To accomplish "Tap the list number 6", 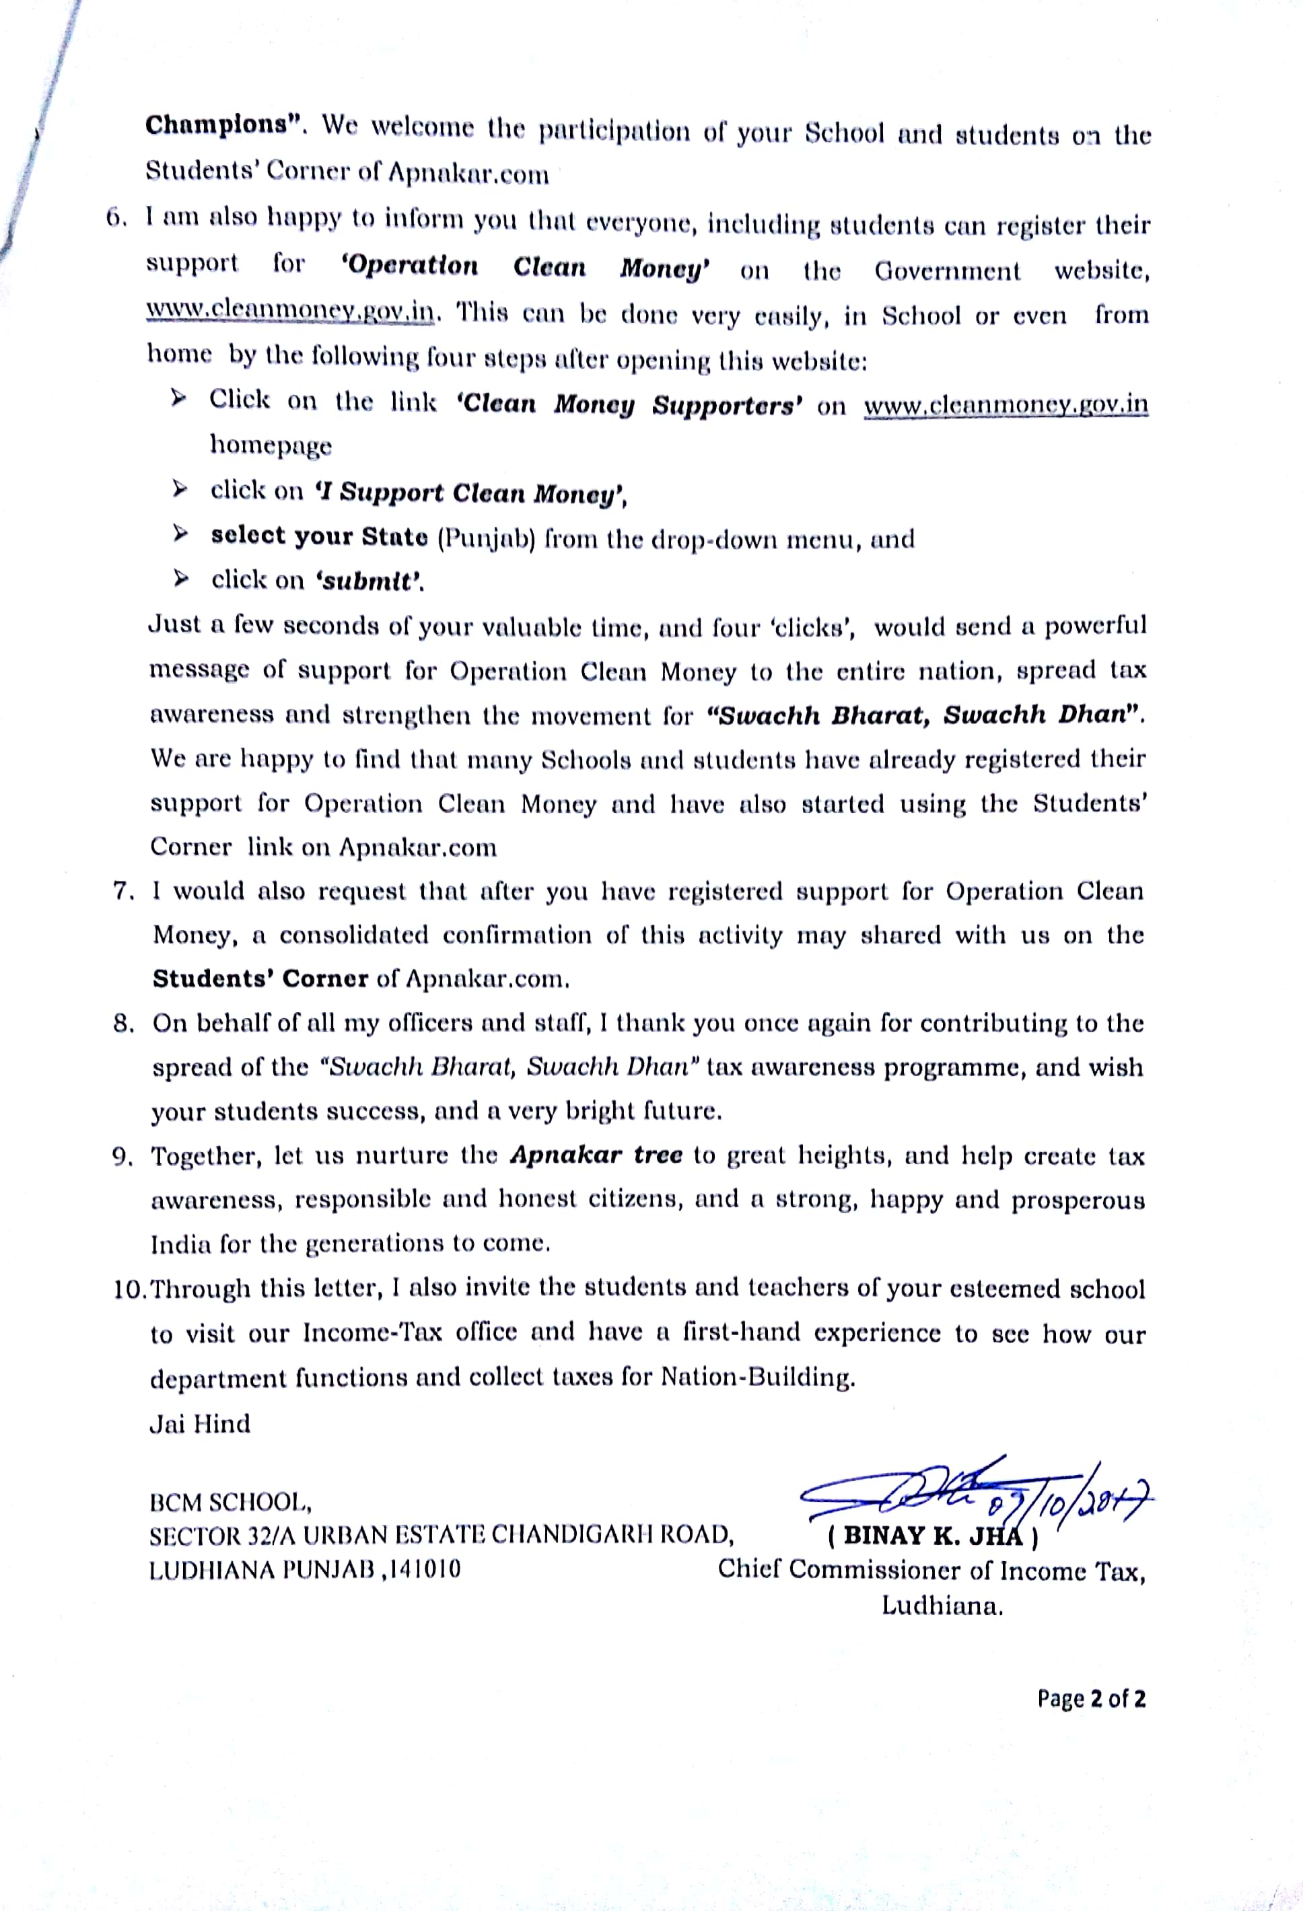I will pos(115,218).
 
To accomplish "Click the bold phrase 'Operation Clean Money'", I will pos(525,267).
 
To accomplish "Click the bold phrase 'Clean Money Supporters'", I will pos(629,404).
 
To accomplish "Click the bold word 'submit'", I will pos(370,581).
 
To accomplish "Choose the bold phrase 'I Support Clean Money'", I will pos(471,493).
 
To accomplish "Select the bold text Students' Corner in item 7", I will pos(260,978).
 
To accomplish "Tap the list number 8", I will pos(123,1023).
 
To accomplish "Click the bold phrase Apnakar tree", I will pos(596,1155).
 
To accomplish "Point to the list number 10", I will pos(129,1289).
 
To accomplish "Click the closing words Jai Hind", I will pos(200,1423).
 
